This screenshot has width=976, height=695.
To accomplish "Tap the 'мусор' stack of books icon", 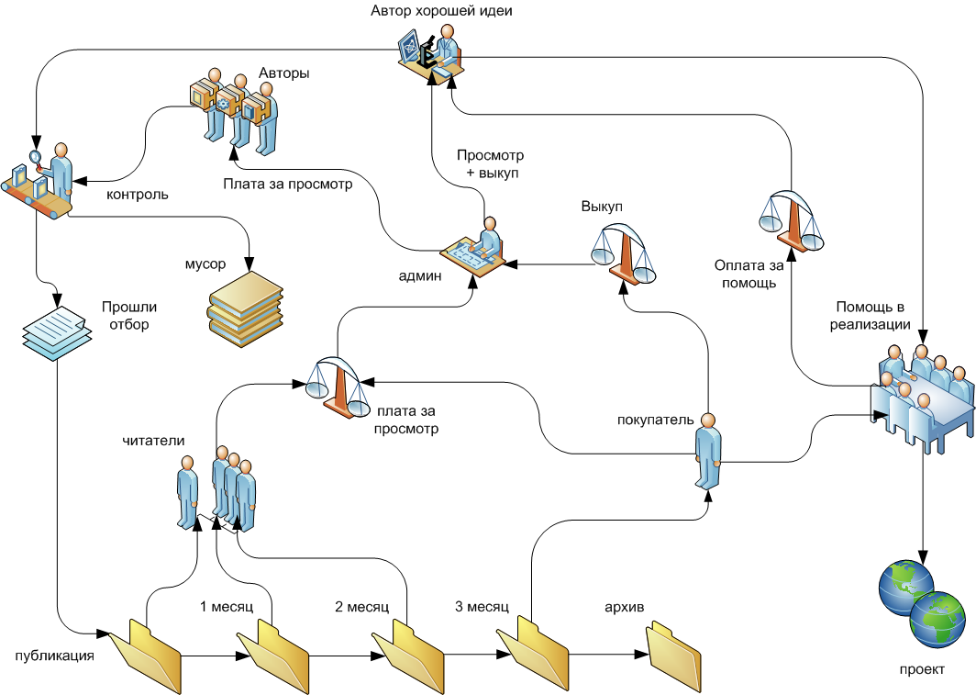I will [x=245, y=304].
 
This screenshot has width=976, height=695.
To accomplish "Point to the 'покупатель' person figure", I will [x=708, y=454].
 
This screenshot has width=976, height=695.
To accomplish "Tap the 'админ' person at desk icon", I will [x=478, y=247].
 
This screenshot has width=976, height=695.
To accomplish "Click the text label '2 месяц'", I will [x=361, y=607].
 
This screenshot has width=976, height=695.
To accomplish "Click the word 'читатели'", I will [x=153, y=441].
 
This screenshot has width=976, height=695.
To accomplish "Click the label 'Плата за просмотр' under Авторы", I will [x=287, y=183].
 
